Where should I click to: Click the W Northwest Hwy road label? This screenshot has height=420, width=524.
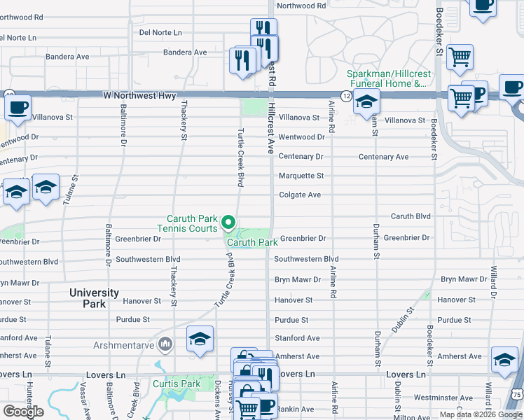tap(137, 94)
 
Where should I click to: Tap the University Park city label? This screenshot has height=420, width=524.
tap(94, 298)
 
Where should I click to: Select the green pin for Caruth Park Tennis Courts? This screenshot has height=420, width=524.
tap(228, 223)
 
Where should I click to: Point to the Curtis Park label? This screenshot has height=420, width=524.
tap(177, 384)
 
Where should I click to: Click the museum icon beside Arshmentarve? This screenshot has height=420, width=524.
tap(166, 344)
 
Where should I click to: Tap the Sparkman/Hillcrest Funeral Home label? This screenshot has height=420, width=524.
tap(387, 78)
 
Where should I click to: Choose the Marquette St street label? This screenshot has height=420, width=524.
tap(301, 176)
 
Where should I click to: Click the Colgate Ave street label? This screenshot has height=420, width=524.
tap(300, 195)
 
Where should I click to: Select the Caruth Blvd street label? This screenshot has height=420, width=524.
tap(411, 216)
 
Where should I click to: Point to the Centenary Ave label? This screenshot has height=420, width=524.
tap(383, 157)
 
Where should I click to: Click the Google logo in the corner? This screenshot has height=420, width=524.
tap(24, 412)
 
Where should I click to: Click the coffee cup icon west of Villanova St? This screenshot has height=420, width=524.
tap(18, 107)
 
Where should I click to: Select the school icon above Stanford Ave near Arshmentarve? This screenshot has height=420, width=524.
tap(200, 339)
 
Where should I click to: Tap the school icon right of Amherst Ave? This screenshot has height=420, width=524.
tap(504, 358)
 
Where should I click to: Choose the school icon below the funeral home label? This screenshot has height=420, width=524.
tap(366, 102)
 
